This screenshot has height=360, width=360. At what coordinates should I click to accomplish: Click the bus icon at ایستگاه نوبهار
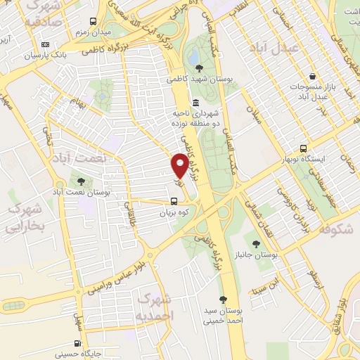point(303,149)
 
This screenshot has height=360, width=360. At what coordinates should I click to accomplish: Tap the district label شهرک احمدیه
point(155,307)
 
